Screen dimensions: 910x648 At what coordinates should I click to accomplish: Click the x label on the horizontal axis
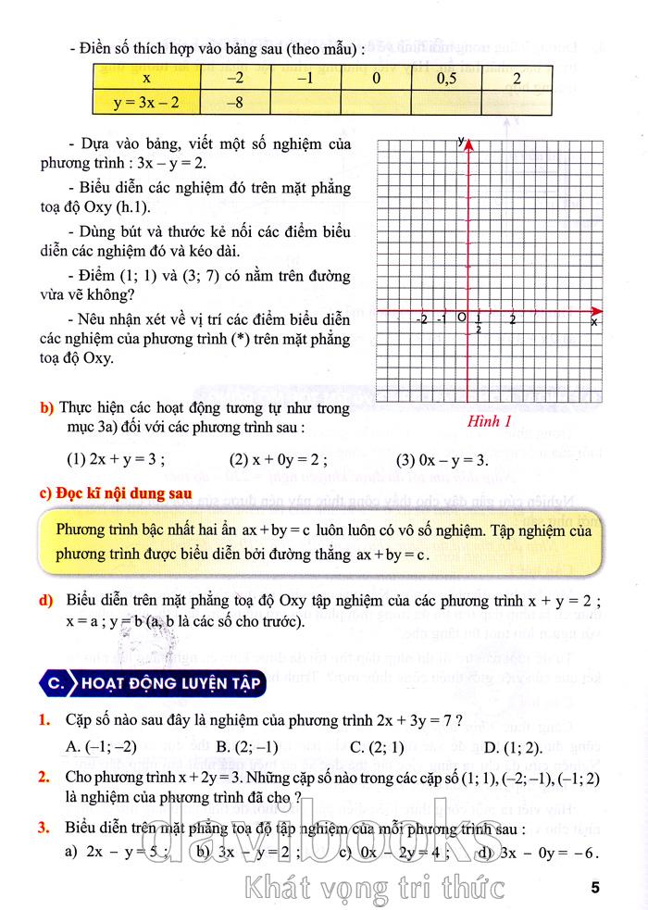[x=593, y=322]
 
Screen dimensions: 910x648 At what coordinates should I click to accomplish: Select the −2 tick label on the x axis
[x=422, y=319]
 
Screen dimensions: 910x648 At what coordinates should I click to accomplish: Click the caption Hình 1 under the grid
[x=491, y=423]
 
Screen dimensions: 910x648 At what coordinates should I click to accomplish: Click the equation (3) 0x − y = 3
[x=442, y=460]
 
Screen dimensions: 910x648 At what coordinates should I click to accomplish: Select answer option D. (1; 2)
[x=508, y=746]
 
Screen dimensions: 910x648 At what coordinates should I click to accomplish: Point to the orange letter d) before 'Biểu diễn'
[x=45, y=602]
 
